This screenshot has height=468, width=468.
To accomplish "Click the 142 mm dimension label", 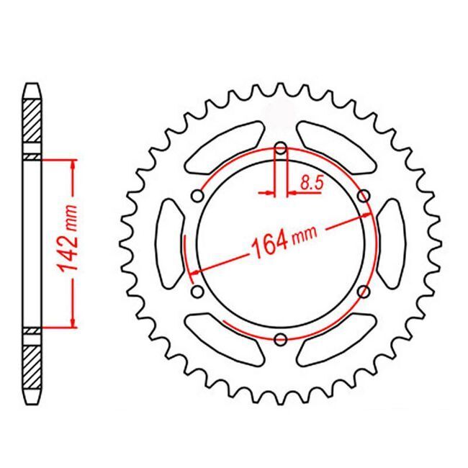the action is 69,238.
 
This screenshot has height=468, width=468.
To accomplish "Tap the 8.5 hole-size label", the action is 312,183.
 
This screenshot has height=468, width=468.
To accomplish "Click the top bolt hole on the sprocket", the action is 281,148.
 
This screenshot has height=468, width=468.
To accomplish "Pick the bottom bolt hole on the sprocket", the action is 281,339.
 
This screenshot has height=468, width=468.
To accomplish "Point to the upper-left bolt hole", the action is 197,197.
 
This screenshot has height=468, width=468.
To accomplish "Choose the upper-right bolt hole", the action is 364,197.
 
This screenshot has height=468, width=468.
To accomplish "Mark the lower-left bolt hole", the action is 197,292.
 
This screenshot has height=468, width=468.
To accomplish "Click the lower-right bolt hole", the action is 364,292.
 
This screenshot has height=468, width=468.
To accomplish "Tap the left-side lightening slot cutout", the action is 171,244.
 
